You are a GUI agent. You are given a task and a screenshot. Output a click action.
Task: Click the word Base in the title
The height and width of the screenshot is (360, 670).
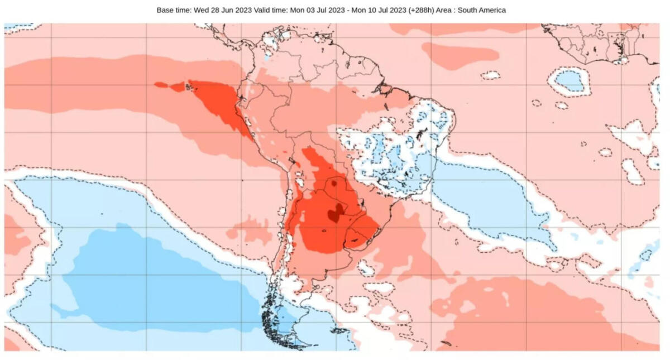pyautogui.click(x=166, y=10)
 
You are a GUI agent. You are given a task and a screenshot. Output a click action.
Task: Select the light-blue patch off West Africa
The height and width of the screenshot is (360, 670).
pyautogui.click(x=569, y=81)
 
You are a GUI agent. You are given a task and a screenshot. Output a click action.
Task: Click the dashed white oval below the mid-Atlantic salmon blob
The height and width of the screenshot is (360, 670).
pyautogui.click(x=490, y=75)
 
